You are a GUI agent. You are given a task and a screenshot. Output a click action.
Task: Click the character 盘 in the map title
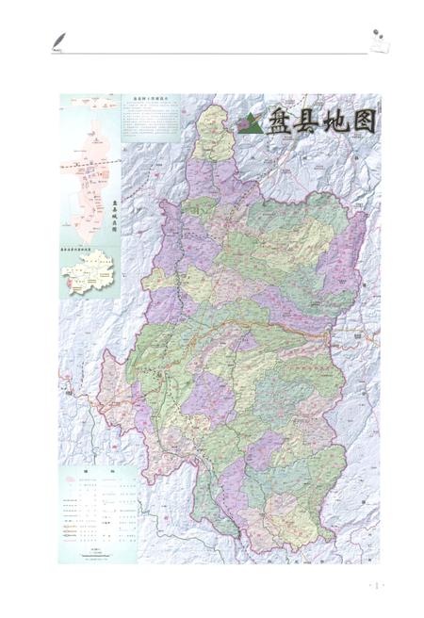click(279, 121)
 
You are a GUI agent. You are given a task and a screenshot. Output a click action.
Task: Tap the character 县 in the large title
click(306, 121)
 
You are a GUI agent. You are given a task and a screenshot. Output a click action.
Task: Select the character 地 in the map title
click(334, 121)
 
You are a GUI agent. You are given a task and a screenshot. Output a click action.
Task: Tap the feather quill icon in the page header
click(59, 40)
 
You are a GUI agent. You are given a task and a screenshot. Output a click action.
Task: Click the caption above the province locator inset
click(88, 248)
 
